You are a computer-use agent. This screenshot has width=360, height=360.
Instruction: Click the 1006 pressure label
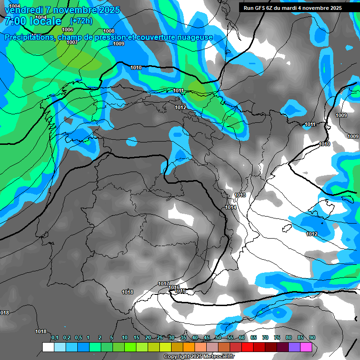coord(67,30)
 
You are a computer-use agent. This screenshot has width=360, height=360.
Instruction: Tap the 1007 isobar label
coord(72,43)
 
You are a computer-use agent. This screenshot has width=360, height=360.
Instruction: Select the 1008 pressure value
coord(109,31)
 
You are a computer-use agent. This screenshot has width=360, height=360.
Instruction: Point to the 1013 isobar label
coord(240,195)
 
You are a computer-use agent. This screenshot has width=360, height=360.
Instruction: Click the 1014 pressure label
coord(231,207)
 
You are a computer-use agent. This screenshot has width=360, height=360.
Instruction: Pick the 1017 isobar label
coord(164,284)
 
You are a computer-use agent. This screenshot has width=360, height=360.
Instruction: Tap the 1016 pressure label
coord(174,287)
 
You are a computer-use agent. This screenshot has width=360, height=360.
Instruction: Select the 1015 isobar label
coord(180,291)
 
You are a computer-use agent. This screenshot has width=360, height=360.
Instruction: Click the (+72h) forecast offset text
coord(81,21)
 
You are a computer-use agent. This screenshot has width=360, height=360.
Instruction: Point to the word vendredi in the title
coord(23,10)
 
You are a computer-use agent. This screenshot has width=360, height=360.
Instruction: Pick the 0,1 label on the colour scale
coord(55,337)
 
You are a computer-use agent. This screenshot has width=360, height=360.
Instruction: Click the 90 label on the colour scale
coord(312,337)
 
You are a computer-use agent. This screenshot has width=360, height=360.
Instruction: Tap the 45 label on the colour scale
coord(207,337)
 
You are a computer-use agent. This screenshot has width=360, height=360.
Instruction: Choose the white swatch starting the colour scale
coord(48,347)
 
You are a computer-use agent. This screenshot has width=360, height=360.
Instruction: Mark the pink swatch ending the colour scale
coord(306,347)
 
